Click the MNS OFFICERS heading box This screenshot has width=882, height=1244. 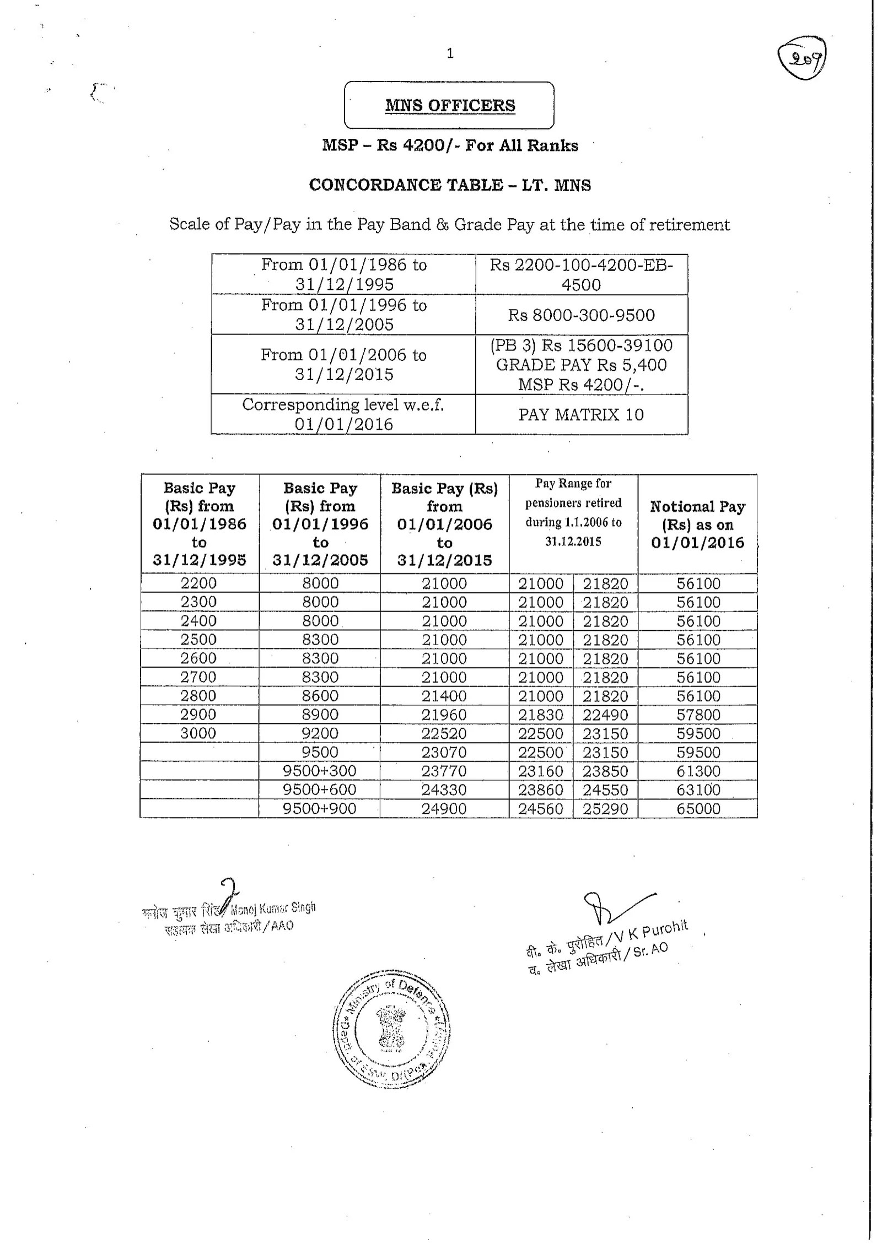pyautogui.click(x=449, y=105)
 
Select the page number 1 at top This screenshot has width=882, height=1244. pyautogui.click(x=450, y=53)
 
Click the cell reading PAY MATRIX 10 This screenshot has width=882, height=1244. pyautogui.click(x=581, y=414)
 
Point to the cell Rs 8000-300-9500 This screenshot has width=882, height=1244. pyautogui.click(x=581, y=315)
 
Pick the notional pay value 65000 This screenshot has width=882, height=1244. pyautogui.click(x=698, y=809)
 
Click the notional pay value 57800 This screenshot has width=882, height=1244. pyautogui.click(x=698, y=715)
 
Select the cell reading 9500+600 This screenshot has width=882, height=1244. pyautogui.click(x=319, y=789)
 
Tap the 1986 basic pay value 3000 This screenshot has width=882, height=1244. pyautogui.click(x=198, y=733)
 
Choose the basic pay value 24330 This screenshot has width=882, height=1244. pyautogui.click(x=444, y=789)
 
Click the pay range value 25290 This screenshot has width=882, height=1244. pyautogui.click(x=605, y=809)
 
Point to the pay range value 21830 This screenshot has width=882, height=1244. pyautogui.click(x=540, y=715)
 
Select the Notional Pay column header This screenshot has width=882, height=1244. pyautogui.click(x=697, y=524)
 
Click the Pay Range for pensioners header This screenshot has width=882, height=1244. pyautogui.click(x=573, y=512)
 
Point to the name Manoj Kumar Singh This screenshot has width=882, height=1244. pyautogui.click(x=273, y=909)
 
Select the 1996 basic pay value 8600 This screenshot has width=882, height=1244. pyautogui.click(x=320, y=696)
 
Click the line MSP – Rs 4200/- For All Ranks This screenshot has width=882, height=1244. pyautogui.click(x=450, y=145)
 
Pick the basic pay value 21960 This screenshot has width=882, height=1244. pyautogui.click(x=444, y=715)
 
